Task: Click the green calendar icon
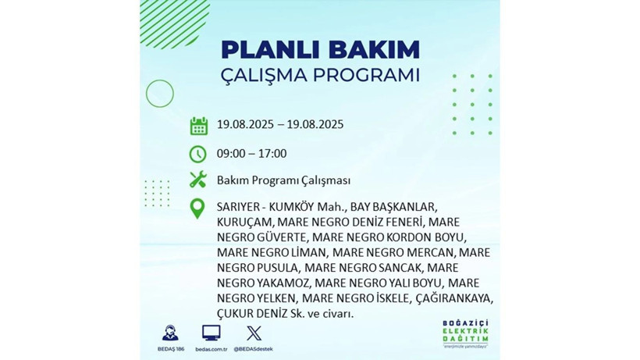[x=198, y=125]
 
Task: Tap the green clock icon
[x=198, y=154]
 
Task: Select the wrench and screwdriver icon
[x=198, y=180]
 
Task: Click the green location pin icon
[x=198, y=209]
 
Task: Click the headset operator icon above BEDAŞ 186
[x=170, y=332]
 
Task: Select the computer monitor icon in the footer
[x=211, y=332]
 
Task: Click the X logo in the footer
[x=254, y=332]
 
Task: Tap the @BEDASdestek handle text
[x=254, y=348]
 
